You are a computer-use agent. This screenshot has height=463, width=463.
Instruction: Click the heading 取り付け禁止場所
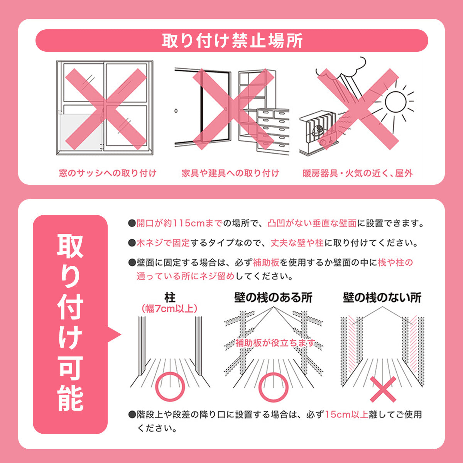tap(231, 41)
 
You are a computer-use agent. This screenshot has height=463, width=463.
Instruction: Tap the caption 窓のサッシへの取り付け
tap(108, 173)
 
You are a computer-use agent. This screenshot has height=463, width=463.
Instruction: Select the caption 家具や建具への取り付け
tap(230, 173)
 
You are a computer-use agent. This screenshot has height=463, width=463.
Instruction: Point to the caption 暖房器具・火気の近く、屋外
tap(358, 173)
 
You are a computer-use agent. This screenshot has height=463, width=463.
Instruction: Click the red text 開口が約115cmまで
tap(180, 224)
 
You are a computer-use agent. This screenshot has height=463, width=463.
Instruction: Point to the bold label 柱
tap(170, 297)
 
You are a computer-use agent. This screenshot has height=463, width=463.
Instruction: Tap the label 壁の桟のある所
tap(273, 297)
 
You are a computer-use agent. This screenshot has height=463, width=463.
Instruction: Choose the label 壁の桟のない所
tap(382, 297)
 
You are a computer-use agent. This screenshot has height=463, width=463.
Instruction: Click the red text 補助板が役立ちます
tap(275, 343)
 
